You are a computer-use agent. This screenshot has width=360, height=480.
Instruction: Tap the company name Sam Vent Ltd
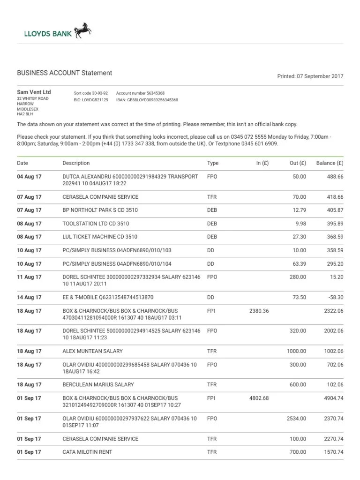click(34, 92)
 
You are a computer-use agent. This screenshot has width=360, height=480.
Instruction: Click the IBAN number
click(147, 100)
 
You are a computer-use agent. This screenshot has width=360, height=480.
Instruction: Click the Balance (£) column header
click(330, 163)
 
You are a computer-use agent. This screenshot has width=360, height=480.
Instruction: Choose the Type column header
click(213, 163)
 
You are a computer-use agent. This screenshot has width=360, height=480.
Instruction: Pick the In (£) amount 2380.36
click(259, 311)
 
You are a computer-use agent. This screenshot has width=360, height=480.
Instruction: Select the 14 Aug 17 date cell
click(29, 297)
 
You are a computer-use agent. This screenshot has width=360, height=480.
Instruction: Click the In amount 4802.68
click(259, 398)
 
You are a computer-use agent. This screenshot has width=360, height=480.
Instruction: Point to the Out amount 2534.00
click(296, 418)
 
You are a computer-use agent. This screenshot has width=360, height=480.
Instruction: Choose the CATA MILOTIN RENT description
click(87, 452)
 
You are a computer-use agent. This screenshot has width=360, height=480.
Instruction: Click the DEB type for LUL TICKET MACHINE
click(212, 237)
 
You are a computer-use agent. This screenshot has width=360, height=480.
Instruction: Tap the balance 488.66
click(335, 176)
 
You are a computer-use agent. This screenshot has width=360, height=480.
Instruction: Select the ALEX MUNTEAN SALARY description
click(92, 351)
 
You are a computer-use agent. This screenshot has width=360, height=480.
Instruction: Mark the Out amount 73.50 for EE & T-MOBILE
click(299, 297)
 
